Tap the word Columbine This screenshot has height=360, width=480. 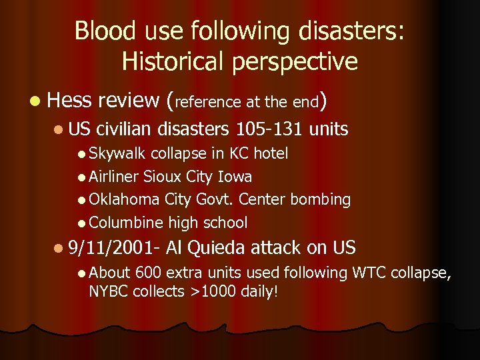[x=126, y=222]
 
